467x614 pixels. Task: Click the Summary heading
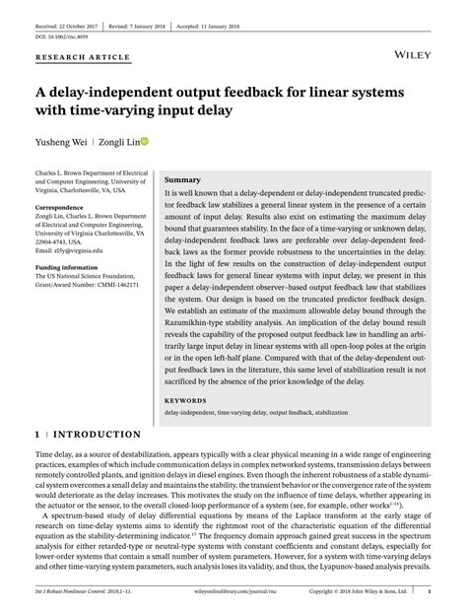click(x=182, y=181)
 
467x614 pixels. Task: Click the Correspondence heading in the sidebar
click(x=61, y=209)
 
